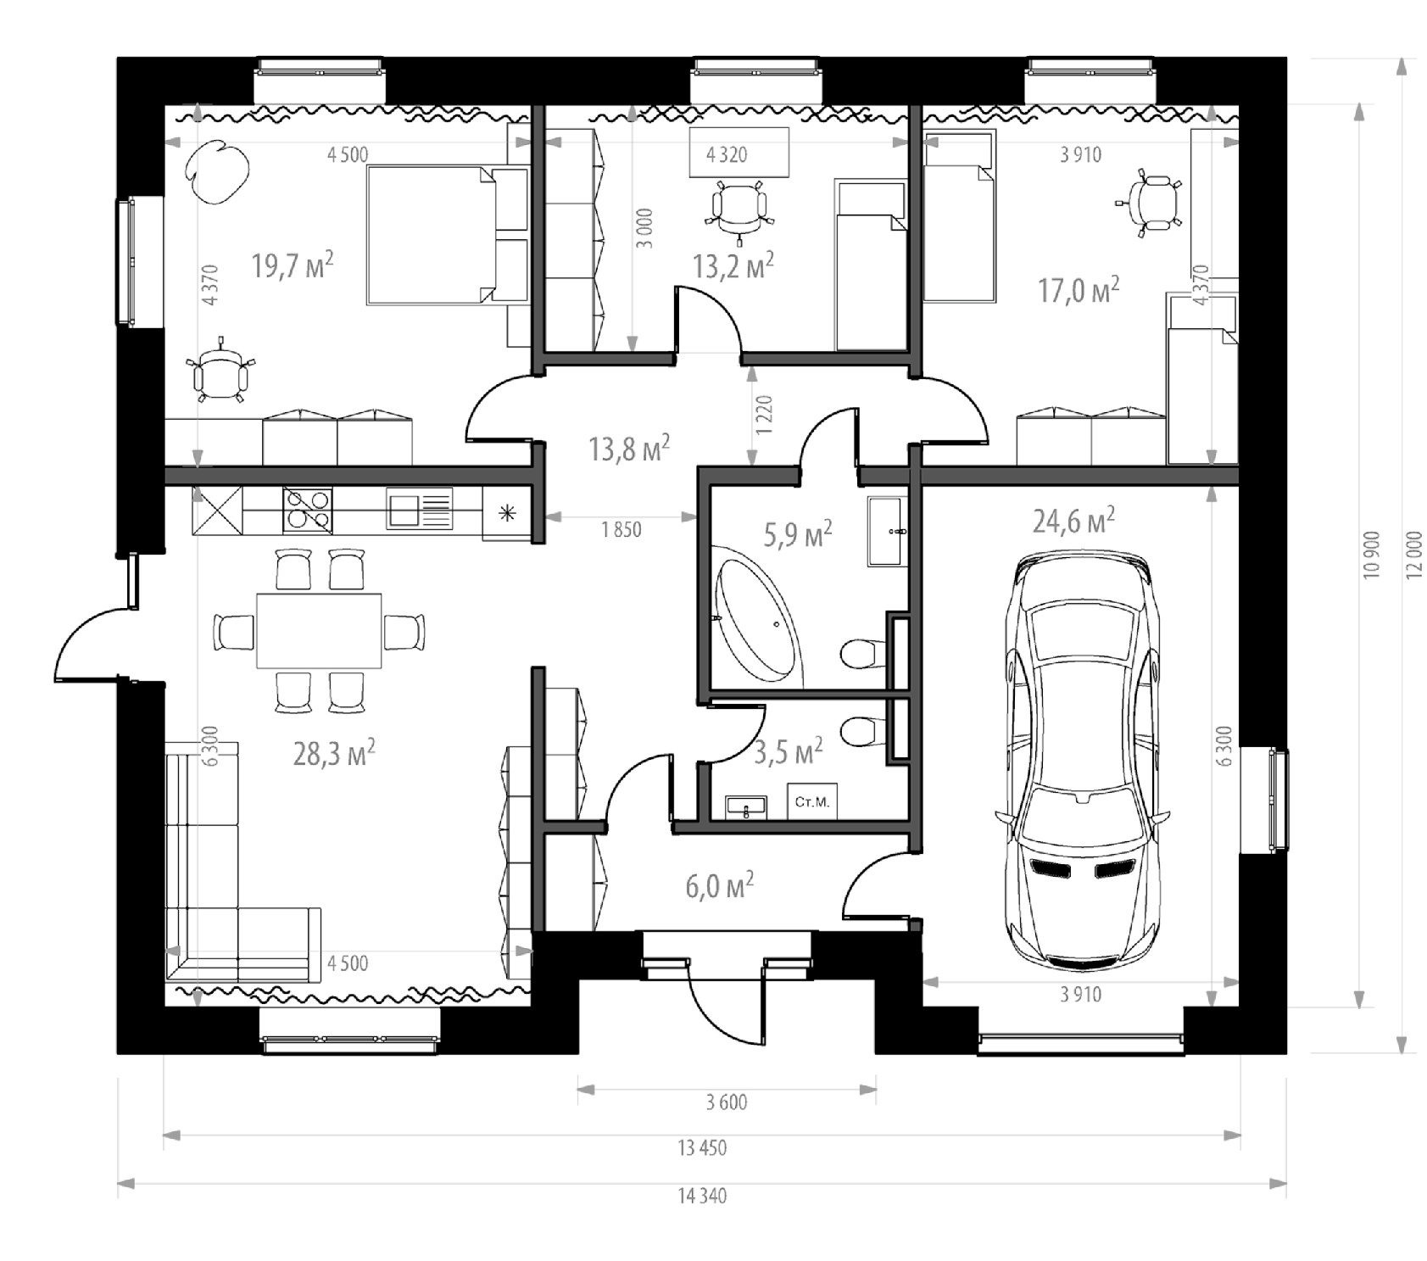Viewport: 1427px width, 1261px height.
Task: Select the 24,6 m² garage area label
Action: [1073, 520]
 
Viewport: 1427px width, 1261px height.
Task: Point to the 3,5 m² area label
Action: [789, 750]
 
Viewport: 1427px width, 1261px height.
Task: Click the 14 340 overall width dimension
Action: [702, 1196]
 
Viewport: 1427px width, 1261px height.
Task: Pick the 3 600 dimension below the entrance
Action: [727, 1102]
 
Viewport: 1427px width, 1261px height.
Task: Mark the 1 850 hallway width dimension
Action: [622, 530]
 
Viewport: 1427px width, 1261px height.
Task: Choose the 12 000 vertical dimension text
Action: [1413, 555]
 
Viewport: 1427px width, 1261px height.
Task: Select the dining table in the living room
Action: [319, 632]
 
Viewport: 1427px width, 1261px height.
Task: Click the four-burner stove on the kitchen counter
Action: [307, 510]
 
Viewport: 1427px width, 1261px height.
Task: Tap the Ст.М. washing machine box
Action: [812, 801]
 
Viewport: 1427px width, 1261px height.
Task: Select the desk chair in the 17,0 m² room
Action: [1152, 204]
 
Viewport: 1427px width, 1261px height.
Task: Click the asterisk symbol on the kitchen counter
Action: [507, 512]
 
